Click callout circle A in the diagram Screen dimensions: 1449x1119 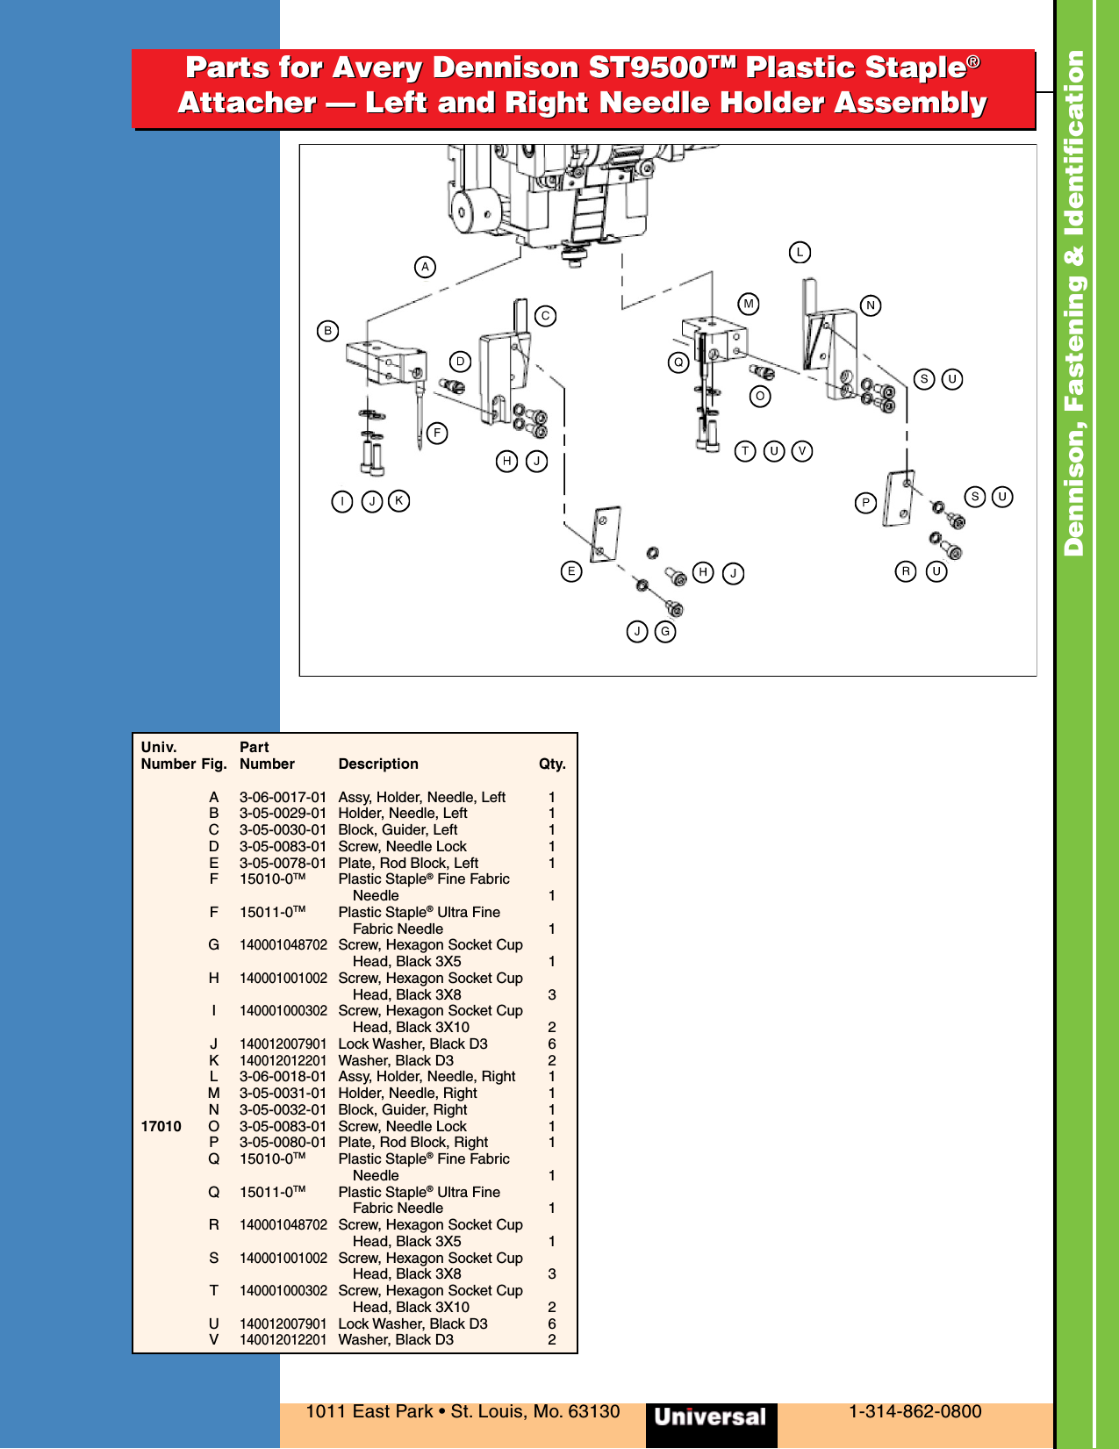[x=425, y=267]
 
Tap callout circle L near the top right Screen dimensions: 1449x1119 [x=800, y=253]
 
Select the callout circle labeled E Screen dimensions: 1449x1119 [x=571, y=571]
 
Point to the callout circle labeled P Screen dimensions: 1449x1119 [x=866, y=503]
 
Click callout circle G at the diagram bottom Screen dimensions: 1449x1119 [x=665, y=631]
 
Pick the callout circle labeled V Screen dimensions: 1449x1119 [x=802, y=451]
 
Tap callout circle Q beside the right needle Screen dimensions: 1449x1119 [x=678, y=362]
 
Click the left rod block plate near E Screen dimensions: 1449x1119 [x=606, y=533]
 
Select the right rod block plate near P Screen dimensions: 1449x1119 [x=900, y=499]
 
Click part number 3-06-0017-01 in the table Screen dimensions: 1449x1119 [x=283, y=797]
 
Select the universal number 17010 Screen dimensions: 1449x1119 [x=161, y=1126]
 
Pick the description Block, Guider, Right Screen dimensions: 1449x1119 [x=403, y=1109]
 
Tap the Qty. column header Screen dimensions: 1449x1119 [x=552, y=764]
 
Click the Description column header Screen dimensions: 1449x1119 [x=378, y=764]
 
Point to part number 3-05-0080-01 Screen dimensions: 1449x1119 [x=283, y=1142]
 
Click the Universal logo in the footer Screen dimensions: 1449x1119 [x=710, y=1417]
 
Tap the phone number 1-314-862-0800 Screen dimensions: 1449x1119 [x=915, y=1411]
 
